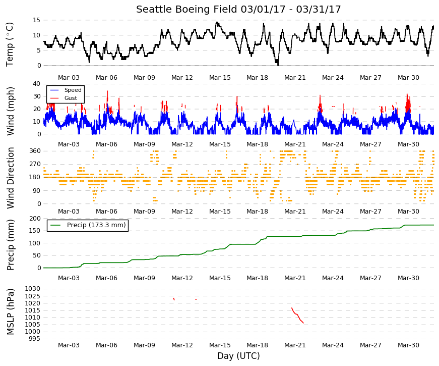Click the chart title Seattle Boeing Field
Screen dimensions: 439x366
point(186,10)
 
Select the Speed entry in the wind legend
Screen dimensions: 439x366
point(73,90)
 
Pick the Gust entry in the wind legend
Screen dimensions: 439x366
point(71,98)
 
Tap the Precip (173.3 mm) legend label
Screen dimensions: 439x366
point(96,225)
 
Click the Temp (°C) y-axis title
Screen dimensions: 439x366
point(10,44)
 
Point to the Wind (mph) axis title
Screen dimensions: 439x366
point(10,111)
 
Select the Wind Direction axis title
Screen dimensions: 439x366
point(10,178)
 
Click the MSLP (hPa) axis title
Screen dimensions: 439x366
point(10,311)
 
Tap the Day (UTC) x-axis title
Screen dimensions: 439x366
point(238,356)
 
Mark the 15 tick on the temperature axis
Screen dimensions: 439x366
point(37,20)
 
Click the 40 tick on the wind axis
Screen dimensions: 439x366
point(37,84)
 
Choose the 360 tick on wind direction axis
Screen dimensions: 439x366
point(35,151)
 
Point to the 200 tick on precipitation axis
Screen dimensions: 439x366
point(35,219)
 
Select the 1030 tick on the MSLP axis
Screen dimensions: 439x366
point(33,289)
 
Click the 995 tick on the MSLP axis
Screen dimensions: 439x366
point(35,339)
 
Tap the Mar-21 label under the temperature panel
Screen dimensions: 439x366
point(295,78)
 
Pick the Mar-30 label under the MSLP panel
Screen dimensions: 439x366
point(408,345)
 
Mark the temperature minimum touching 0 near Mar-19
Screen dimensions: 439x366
point(277,65)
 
